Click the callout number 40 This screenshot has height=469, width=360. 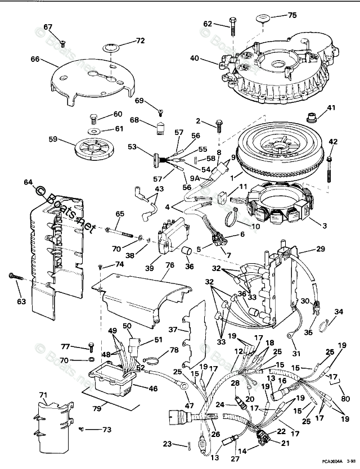click(x=195, y=58)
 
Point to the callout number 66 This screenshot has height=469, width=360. click(x=35, y=59)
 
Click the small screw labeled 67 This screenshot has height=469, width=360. click(x=63, y=42)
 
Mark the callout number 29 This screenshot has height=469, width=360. click(x=320, y=249)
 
